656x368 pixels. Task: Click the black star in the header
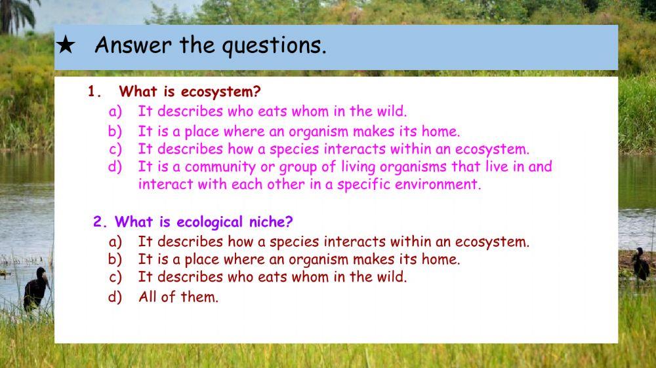(66, 46)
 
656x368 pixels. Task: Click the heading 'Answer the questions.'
(210, 46)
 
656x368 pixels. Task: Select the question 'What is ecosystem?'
(190, 92)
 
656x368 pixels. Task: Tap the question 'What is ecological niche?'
(203, 222)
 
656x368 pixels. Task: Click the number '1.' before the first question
(96, 92)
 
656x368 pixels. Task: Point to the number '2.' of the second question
(100, 222)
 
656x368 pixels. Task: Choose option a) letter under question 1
(115, 111)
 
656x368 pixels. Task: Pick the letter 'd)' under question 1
(115, 167)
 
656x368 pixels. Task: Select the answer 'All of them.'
(178, 297)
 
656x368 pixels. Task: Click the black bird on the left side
(36, 288)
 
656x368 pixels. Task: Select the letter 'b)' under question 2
(115, 259)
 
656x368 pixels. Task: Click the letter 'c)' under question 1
(115, 149)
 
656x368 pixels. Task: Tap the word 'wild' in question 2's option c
(391, 277)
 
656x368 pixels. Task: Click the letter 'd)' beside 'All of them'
(115, 297)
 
